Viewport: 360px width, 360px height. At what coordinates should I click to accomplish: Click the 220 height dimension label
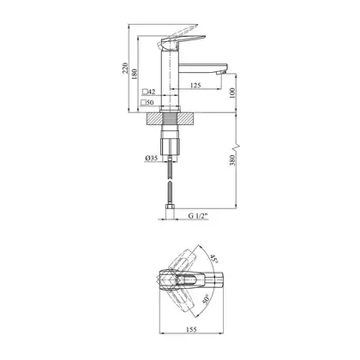125,69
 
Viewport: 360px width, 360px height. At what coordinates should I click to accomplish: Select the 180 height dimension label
135,74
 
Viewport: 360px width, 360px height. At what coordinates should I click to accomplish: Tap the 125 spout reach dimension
195,85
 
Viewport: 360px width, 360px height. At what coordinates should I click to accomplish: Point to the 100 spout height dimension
232,93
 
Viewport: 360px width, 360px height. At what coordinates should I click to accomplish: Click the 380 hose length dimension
232,160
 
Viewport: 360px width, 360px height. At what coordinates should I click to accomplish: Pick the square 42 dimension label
149,92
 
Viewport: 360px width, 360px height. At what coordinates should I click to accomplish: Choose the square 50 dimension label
147,102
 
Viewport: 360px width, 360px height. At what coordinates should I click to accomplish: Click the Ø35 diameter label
151,158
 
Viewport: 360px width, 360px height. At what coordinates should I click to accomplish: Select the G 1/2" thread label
197,216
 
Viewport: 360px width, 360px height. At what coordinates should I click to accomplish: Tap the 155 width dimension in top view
191,329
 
